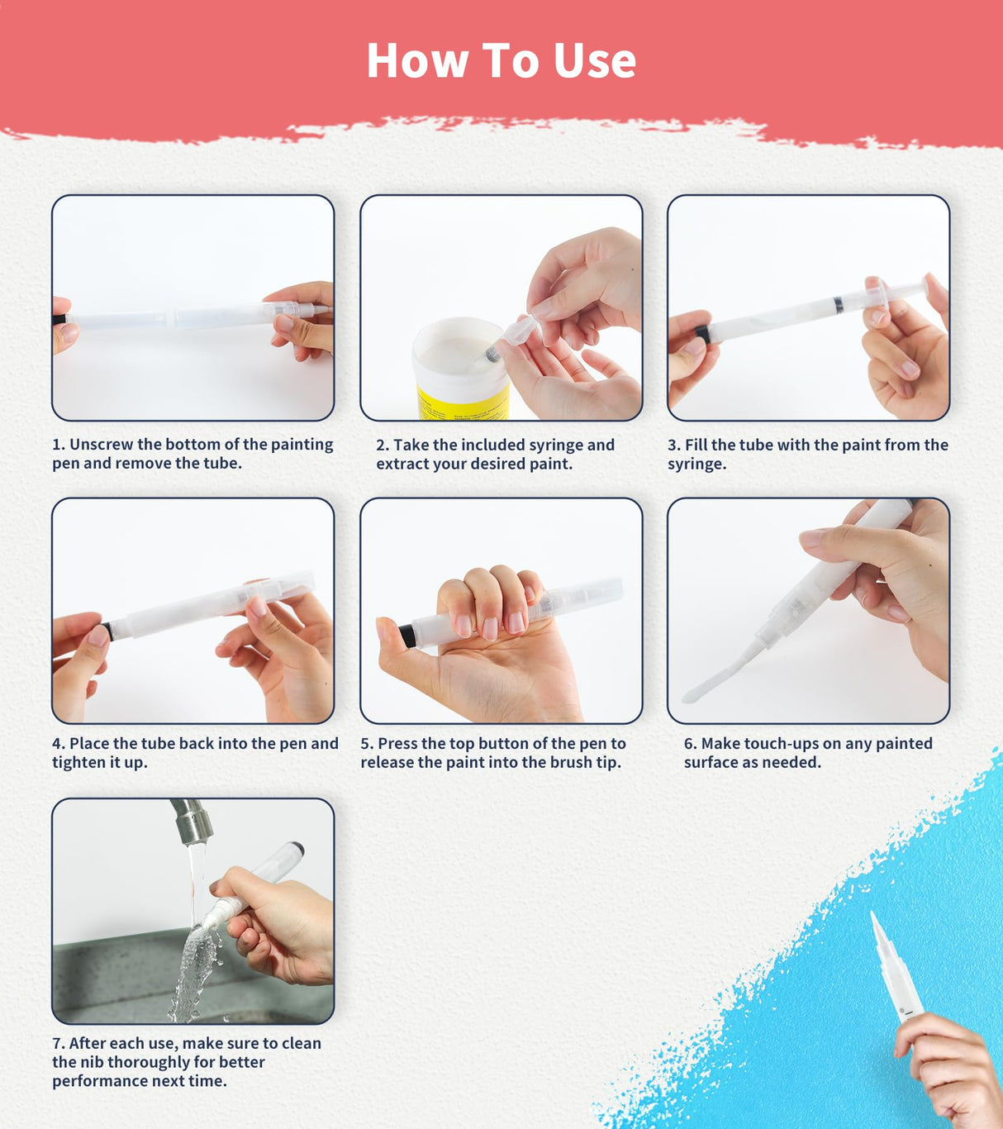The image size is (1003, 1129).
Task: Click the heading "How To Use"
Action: click(501, 60)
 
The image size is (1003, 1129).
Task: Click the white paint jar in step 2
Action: click(459, 364)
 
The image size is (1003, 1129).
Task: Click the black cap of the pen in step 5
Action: click(406, 636)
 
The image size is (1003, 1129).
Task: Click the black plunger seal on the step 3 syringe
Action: click(839, 305)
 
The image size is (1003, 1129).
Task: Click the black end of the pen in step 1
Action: click(59, 319)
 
